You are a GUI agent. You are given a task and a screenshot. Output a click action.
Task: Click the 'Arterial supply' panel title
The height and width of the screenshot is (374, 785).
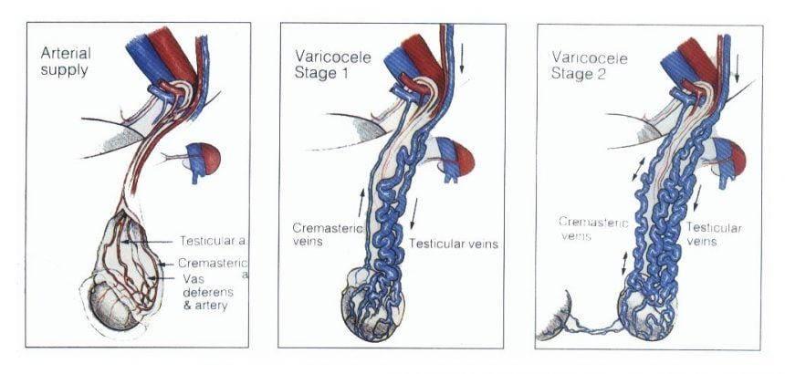(66, 60)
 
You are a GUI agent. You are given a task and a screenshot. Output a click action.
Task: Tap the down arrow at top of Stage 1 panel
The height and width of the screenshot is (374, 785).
(462, 59)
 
